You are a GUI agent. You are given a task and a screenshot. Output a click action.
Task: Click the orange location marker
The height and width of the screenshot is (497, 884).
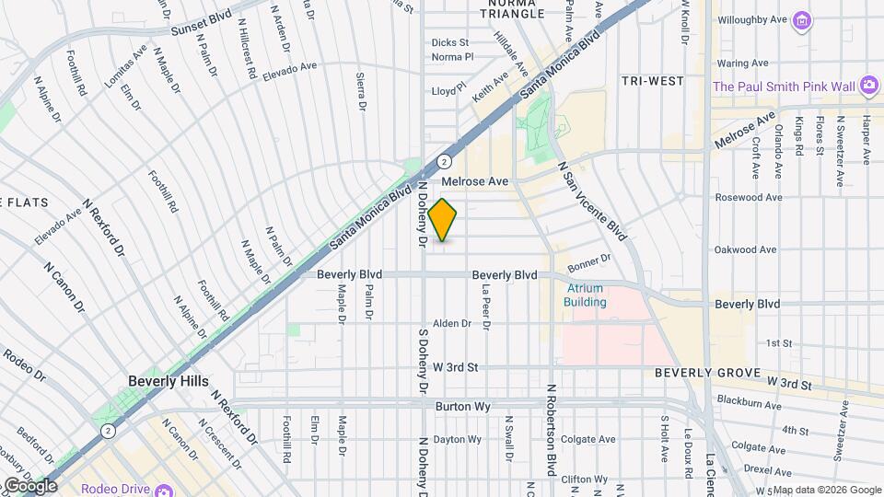click(x=443, y=220)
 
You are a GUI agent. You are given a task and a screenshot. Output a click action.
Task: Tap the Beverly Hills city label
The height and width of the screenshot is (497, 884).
click(x=169, y=381)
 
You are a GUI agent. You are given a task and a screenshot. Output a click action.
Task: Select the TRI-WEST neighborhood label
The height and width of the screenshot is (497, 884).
click(x=652, y=81)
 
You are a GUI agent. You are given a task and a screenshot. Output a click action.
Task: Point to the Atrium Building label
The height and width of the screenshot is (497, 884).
click(x=585, y=295)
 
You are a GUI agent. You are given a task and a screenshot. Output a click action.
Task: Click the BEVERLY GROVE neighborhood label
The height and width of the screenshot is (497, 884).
click(x=705, y=373)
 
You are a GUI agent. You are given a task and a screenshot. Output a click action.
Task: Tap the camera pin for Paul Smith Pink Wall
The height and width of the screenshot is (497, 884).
click(x=868, y=86)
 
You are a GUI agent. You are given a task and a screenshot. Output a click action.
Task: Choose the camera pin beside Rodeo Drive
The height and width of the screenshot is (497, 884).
click(x=163, y=489)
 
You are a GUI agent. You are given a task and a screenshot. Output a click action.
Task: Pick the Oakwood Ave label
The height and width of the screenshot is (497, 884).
click(x=747, y=249)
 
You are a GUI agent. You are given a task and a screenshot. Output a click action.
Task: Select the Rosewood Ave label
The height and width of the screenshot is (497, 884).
click(x=749, y=197)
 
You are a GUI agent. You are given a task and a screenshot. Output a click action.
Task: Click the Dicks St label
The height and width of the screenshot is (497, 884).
click(x=450, y=42)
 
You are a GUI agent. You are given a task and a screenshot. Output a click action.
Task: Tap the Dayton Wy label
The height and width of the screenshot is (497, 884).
click(x=458, y=439)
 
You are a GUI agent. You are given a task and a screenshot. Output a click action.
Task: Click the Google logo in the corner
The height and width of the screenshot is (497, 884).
click(x=29, y=486)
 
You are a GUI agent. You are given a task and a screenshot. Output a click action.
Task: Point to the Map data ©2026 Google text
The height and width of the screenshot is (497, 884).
click(x=826, y=490)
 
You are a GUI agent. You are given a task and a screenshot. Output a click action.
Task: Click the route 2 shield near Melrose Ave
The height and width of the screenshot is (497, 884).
click(x=444, y=160)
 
